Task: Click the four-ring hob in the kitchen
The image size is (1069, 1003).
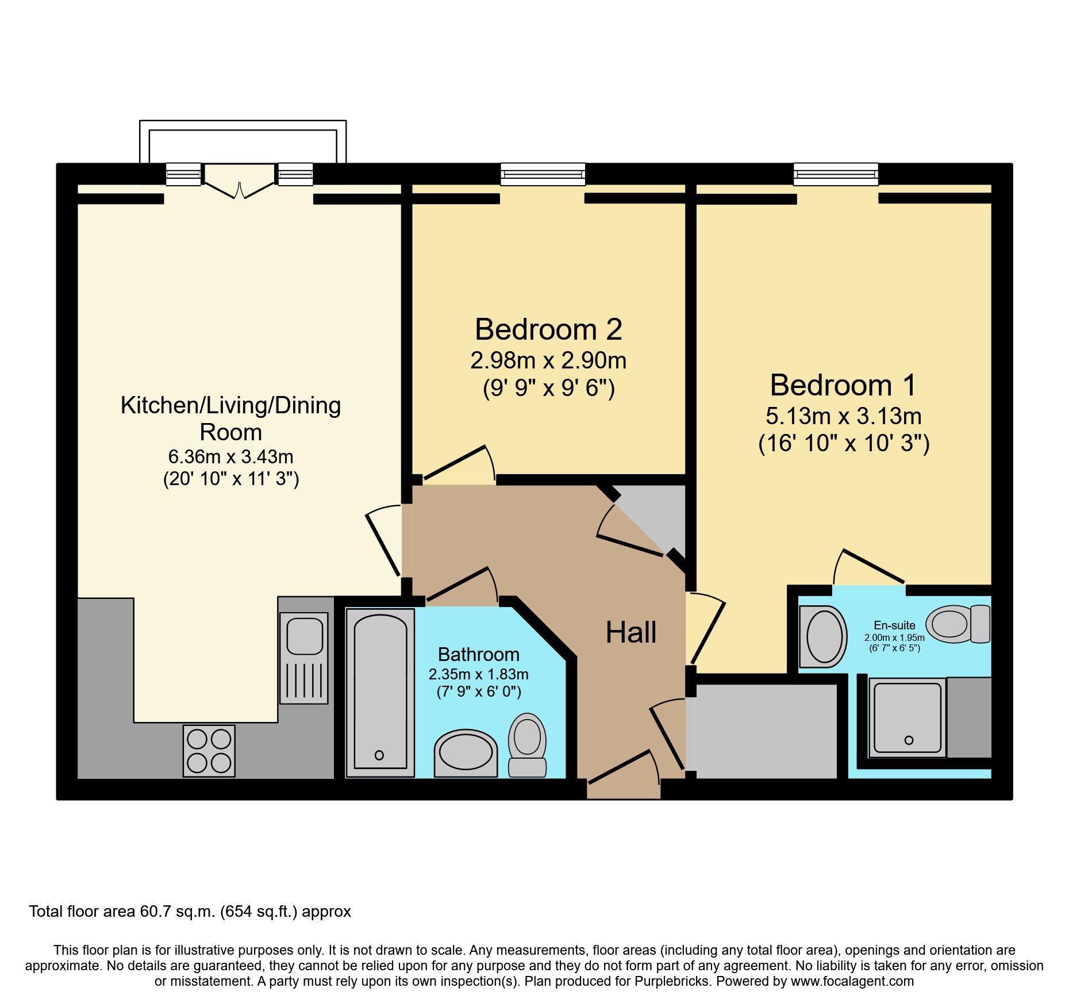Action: click(x=209, y=751)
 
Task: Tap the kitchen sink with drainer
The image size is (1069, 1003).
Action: click(x=304, y=658)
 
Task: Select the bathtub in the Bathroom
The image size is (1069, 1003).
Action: click(x=380, y=693)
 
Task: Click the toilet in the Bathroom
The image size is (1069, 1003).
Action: click(x=527, y=745)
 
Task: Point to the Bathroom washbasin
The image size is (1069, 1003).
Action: click(x=466, y=752)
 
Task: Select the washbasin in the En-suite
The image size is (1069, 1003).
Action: click(x=824, y=636)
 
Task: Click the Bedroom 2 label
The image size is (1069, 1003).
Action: click(x=548, y=330)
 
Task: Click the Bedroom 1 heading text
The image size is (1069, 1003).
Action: click(x=843, y=385)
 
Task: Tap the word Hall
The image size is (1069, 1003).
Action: click(x=630, y=633)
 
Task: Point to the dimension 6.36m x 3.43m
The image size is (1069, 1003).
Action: click(x=230, y=457)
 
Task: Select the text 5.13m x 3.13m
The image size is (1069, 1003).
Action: click(x=843, y=416)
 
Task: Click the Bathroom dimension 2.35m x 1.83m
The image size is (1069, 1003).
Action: click(x=478, y=674)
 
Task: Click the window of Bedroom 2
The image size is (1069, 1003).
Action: click(x=543, y=174)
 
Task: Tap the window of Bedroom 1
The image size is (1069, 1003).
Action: click(x=836, y=174)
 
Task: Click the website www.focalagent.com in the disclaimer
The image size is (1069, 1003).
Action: click(x=852, y=981)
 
